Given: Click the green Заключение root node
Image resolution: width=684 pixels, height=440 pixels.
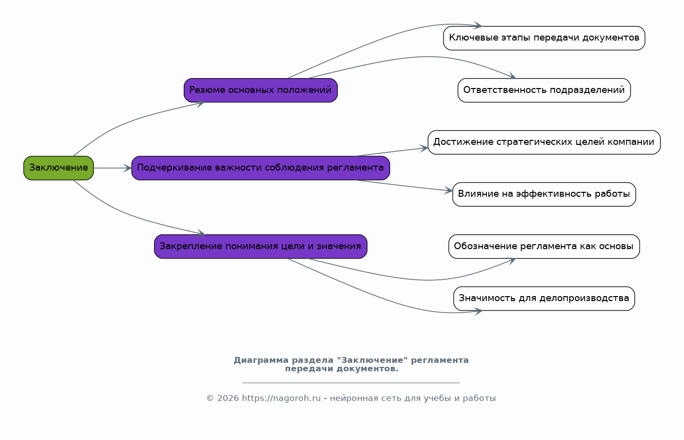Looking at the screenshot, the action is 59,168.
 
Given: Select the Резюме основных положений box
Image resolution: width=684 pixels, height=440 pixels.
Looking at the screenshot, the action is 260,90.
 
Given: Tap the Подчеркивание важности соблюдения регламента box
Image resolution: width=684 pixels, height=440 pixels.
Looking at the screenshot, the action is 260,168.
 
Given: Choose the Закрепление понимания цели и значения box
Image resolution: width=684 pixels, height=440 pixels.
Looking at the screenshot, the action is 260,246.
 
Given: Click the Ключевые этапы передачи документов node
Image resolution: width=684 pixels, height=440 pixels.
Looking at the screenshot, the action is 544,38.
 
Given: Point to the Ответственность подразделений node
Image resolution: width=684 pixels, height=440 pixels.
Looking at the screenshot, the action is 544,90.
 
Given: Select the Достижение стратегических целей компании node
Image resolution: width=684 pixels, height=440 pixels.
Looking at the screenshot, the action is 544,142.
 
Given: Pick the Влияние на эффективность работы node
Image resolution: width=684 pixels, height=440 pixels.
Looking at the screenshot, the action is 544,194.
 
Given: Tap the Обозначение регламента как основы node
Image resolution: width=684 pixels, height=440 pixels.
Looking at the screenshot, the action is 544,246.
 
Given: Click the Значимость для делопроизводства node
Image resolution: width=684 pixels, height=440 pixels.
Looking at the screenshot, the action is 544,299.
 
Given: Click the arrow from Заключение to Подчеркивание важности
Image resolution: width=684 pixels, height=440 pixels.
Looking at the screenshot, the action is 113,168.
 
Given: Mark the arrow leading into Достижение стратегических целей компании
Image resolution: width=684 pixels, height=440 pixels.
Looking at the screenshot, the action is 392,152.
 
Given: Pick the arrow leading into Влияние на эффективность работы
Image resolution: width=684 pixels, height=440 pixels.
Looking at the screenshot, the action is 404,185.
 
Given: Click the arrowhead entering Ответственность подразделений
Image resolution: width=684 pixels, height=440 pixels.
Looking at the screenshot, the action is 512,76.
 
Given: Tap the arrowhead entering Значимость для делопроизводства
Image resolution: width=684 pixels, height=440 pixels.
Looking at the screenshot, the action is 479,311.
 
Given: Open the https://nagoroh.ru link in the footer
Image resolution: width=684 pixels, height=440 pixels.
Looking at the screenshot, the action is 281,398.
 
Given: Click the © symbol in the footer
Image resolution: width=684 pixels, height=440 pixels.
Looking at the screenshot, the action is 210,398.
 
